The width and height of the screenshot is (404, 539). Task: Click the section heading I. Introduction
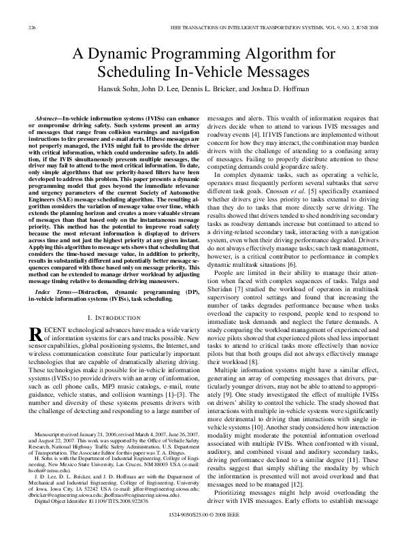[114, 318]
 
